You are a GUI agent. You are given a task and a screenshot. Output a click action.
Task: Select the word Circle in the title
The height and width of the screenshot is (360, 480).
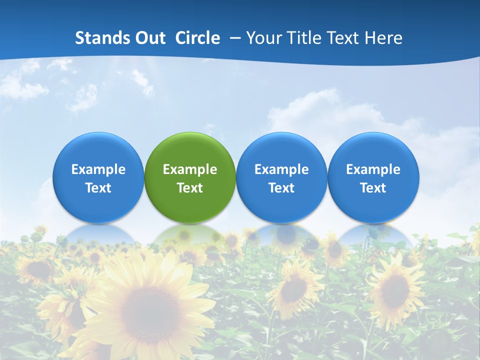[197, 38]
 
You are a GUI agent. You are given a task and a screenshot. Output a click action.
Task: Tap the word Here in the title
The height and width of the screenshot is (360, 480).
[383, 38]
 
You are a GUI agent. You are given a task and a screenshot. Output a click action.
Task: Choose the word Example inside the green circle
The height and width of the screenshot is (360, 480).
[190, 169]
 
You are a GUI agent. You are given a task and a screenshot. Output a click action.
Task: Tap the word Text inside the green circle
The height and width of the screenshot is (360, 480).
[190, 188]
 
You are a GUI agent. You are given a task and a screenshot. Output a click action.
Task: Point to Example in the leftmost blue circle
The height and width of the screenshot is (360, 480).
[98, 169]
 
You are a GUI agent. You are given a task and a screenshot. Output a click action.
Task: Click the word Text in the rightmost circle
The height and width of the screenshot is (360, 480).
[373, 188]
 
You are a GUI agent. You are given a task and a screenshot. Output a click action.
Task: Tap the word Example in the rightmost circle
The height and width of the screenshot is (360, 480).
[373, 169]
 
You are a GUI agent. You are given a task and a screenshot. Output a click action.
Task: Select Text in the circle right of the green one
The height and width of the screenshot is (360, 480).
[281, 188]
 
